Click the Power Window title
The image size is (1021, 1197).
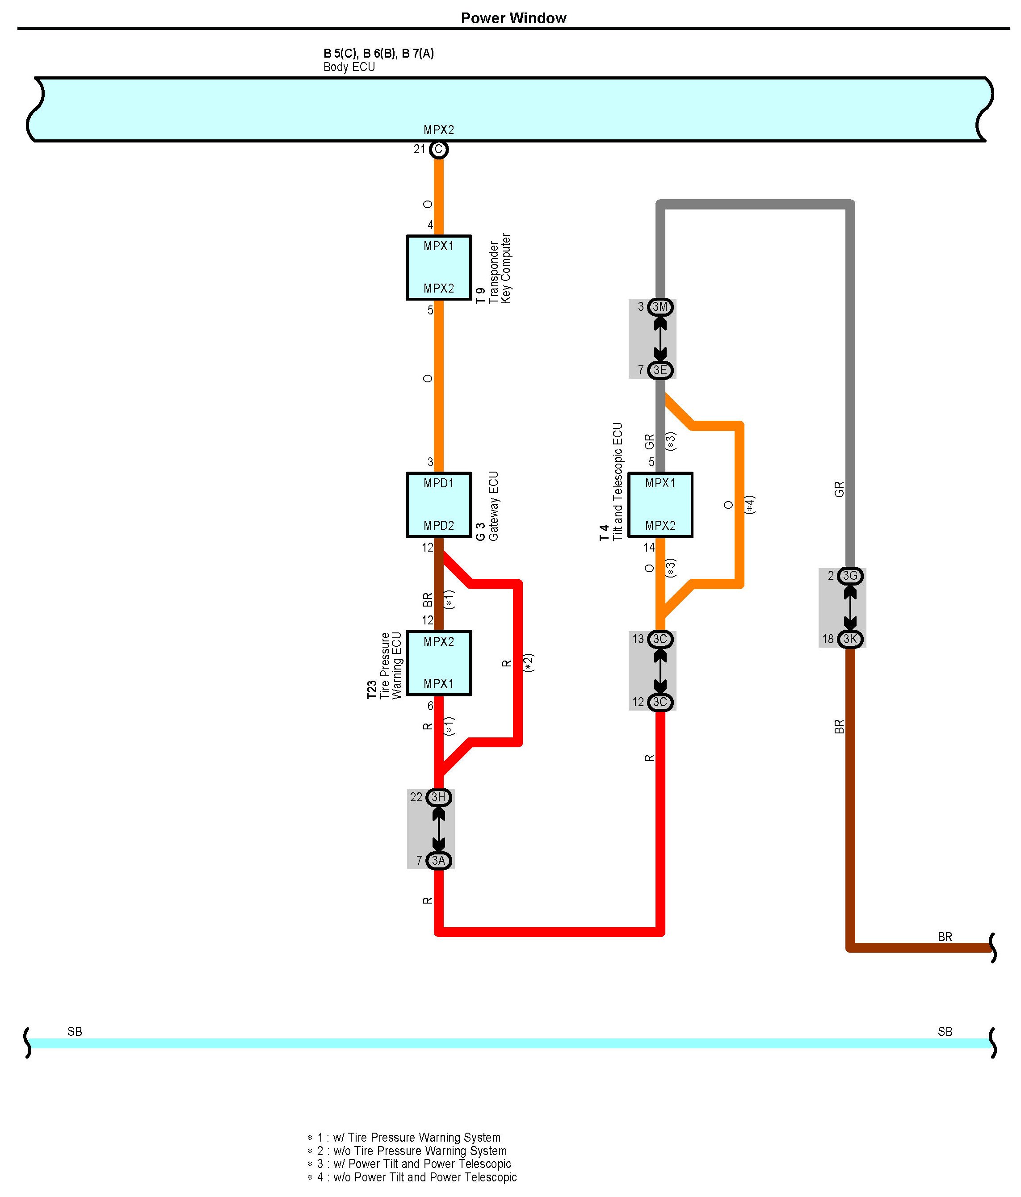513,18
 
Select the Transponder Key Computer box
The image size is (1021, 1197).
439,268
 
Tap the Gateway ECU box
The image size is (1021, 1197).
439,504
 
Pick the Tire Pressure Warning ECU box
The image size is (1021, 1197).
439,663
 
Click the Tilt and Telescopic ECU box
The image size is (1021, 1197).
660,504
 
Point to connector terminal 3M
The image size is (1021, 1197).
660,307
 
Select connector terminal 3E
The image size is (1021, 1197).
660,370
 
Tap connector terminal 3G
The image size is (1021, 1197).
850,575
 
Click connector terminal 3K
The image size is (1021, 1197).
850,639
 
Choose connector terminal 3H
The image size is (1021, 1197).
439,797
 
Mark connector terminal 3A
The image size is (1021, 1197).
439,860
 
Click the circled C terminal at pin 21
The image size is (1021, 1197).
439,150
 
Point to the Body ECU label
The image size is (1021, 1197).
349,67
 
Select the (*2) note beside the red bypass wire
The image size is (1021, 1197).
529,663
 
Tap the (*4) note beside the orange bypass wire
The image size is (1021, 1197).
749,504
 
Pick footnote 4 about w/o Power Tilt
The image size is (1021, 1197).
412,1177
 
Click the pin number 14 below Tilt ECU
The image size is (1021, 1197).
650,547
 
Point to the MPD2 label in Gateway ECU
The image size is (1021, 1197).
439,525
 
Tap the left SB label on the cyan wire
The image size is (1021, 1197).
75,1031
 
